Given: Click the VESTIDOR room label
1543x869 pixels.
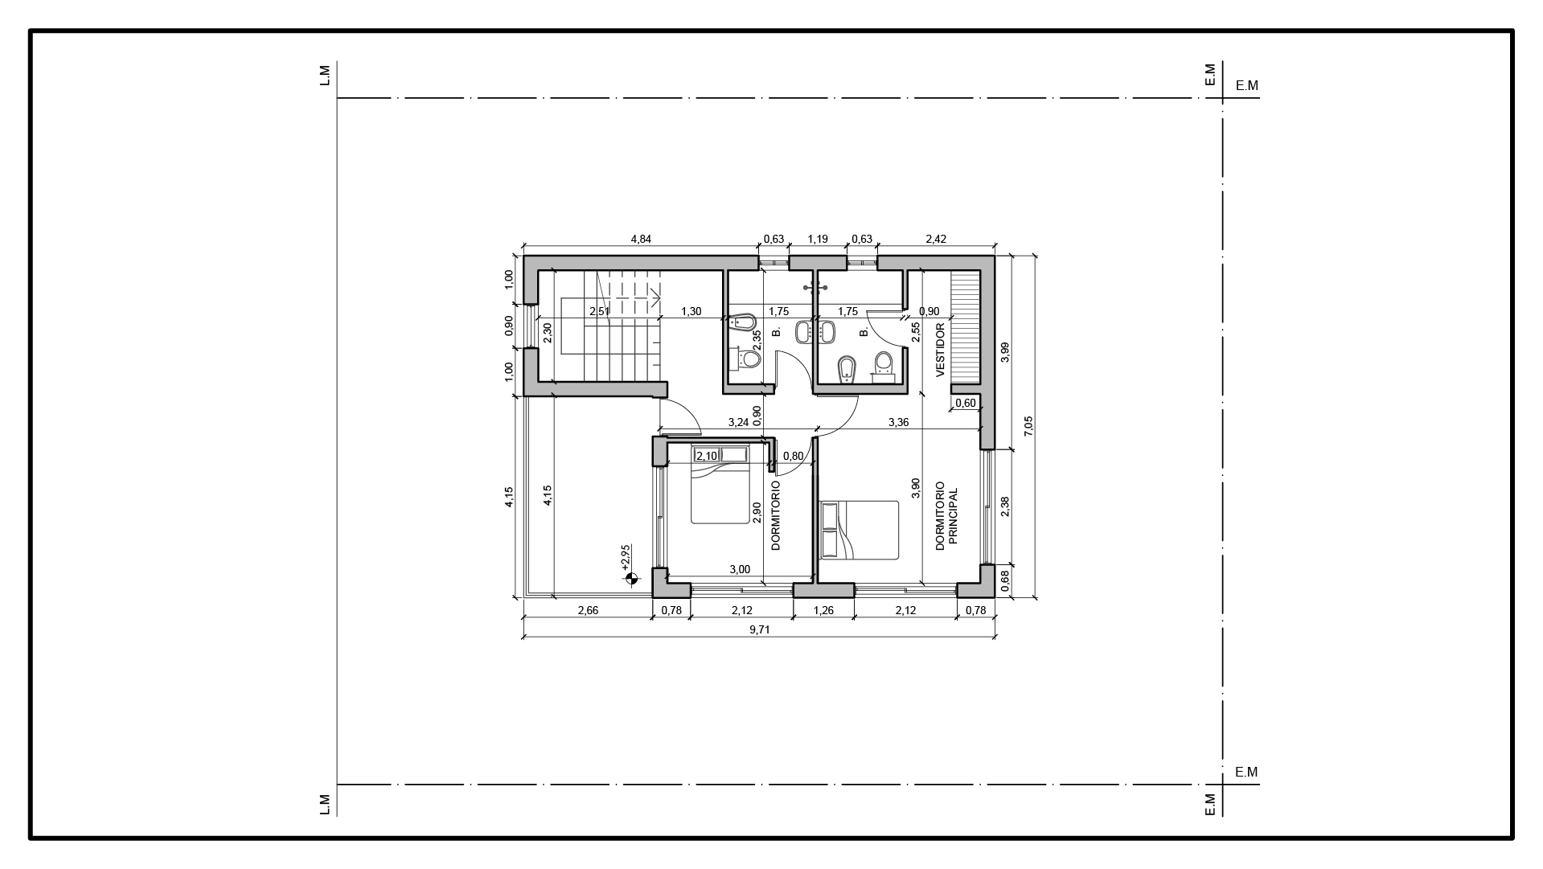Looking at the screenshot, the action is [x=940, y=350].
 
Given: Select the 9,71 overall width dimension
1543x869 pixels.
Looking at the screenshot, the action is [x=760, y=630].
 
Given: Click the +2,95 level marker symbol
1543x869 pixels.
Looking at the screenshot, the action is [x=630, y=577].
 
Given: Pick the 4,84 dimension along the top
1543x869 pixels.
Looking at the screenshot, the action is [x=641, y=239].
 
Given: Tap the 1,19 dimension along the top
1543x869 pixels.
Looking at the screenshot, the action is [x=818, y=239].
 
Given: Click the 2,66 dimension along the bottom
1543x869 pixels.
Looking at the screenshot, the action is [x=588, y=610].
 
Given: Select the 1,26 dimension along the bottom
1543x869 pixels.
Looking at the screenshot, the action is [x=823, y=610].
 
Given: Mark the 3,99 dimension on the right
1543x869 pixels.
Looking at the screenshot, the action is [x=1004, y=353].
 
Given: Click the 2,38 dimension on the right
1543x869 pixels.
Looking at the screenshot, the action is [x=1004, y=506].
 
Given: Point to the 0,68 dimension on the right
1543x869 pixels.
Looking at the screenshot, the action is [x=1004, y=581].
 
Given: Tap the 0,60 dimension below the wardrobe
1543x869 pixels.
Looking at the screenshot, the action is [x=966, y=403].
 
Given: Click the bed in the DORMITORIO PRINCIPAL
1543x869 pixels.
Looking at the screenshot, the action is [x=859, y=530].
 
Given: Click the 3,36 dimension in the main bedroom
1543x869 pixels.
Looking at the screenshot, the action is [x=898, y=422].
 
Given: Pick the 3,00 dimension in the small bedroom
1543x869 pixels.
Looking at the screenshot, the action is [x=740, y=570].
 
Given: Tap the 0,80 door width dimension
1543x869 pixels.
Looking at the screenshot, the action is [x=793, y=456].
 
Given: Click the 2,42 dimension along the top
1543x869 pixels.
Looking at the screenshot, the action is [x=936, y=239].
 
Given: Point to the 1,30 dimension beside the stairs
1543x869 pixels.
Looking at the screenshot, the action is [x=691, y=311].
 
